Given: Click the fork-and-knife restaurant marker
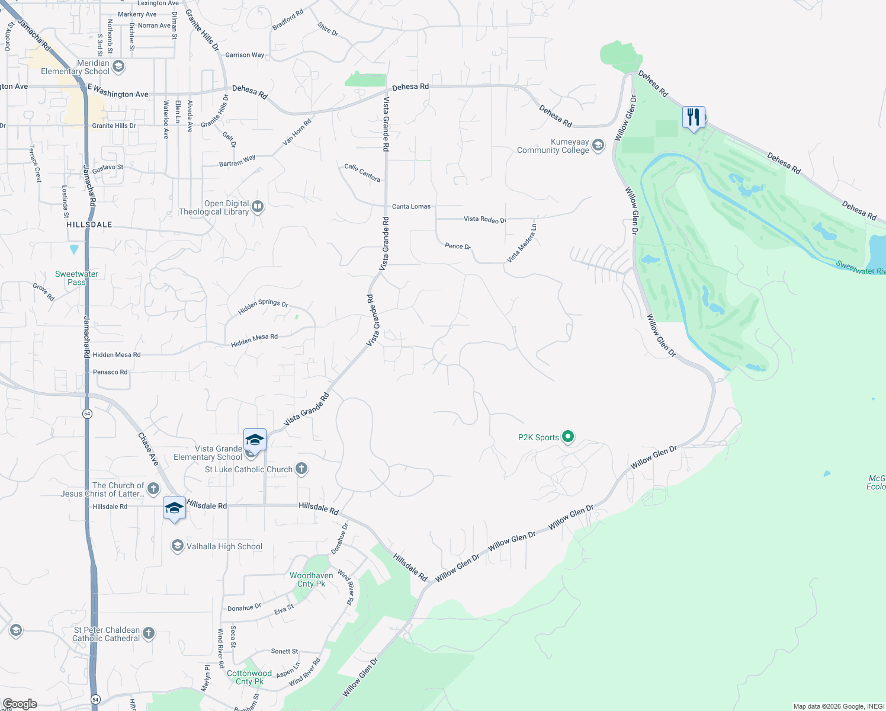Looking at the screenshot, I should pos(694,117).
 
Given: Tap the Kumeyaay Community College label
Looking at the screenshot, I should pos(553,146).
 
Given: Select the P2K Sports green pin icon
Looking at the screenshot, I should pos(568,437).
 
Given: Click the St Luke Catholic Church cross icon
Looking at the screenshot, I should pos(301,469).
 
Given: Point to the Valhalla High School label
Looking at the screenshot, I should pos(224,546).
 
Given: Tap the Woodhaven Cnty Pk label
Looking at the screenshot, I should pos(311,579).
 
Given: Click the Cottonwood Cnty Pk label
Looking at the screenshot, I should pos(249,677).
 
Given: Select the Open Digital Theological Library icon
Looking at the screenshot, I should pos(258,207).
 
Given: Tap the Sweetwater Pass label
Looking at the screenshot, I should pos(76,278).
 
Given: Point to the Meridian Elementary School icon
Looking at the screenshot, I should pos(118,66).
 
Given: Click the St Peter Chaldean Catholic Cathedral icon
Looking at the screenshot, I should pos(149,633).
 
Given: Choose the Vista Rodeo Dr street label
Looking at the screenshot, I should pos(485,219).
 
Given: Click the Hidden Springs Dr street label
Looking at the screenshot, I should pos(263,306).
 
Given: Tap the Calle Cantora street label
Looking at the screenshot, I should pos(362,172).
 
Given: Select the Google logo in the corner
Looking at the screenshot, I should pos(20,704).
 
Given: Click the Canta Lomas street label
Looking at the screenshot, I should pos(411,206).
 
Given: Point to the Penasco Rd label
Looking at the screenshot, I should pos(110,372).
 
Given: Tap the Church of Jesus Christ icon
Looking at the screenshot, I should pos(153,488).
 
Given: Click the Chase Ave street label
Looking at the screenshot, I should pos(148,448).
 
